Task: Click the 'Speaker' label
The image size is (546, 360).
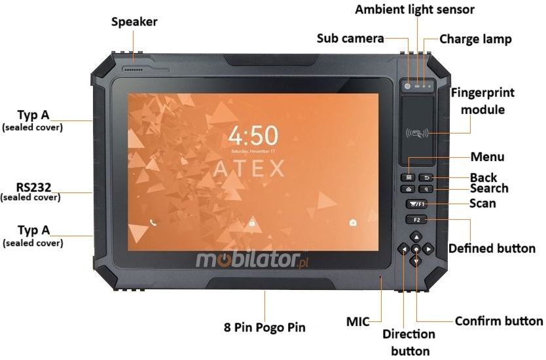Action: (134, 22)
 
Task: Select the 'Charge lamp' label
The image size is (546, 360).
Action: (475, 39)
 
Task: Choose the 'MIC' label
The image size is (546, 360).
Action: (357, 321)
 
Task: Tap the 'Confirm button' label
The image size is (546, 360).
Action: (498, 321)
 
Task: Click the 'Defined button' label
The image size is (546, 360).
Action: (492, 249)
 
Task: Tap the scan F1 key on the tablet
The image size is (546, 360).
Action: (416, 204)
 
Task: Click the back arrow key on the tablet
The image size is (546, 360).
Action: (426, 177)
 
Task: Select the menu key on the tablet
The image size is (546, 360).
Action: (409, 177)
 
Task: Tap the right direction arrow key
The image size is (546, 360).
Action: (428, 249)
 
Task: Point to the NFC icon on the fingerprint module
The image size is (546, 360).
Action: (417, 134)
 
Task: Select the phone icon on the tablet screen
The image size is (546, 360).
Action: (153, 222)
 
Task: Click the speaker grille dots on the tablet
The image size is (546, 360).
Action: (134, 68)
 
